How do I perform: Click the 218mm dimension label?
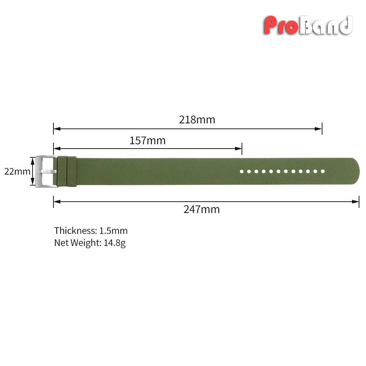click(197, 120)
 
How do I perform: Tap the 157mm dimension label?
click(147, 141)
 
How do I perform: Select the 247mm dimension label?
click(202, 209)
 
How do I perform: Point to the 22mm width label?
click(17, 171)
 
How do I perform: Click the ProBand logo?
click(308, 25)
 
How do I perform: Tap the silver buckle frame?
click(38, 172)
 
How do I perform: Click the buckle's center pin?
click(48, 172)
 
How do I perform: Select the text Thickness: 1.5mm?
click(91, 231)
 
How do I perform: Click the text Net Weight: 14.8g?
click(90, 243)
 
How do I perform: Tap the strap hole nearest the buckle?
click(242, 171)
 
